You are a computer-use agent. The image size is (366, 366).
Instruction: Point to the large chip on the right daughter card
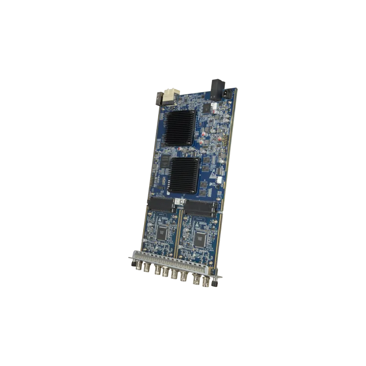[200, 238]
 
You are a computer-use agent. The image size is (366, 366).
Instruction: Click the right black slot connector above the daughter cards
[201, 209]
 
